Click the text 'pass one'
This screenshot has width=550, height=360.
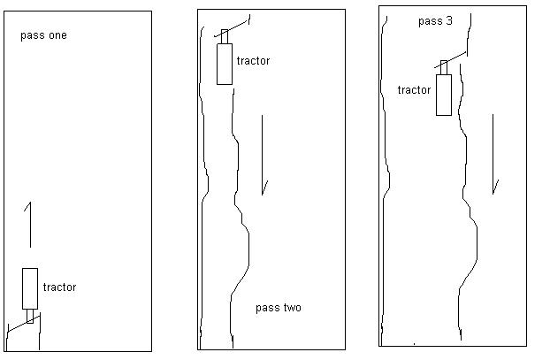pos(43,36)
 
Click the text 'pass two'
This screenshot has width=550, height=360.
pos(278,308)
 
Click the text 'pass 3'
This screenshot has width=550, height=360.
pos(435,20)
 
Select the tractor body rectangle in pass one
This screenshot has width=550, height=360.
pos(30,287)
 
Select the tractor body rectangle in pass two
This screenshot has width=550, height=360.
pos(224,63)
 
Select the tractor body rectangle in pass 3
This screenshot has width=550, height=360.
pos(443,94)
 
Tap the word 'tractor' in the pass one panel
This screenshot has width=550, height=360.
pos(59,287)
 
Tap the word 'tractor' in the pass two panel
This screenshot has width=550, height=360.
pos(253,61)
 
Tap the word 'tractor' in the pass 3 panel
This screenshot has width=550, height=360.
pos(414,90)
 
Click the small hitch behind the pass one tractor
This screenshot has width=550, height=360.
pos(30,316)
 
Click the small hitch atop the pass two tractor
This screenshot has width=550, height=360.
pos(225,35)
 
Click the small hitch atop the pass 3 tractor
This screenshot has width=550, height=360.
pos(444,67)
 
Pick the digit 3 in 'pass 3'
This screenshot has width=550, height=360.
pos(449,20)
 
